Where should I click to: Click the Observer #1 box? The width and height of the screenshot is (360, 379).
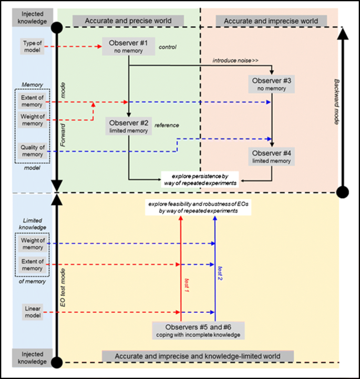(x=129, y=46)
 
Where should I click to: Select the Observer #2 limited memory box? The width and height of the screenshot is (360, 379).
(x=129, y=126)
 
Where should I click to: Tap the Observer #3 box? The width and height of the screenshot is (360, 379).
(x=272, y=85)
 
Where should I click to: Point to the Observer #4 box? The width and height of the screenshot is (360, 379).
(x=272, y=157)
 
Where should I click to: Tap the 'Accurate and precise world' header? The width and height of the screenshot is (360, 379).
(x=129, y=21)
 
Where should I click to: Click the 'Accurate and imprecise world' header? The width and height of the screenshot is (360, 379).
(x=271, y=21)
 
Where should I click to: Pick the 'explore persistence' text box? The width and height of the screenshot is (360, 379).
(x=200, y=179)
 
